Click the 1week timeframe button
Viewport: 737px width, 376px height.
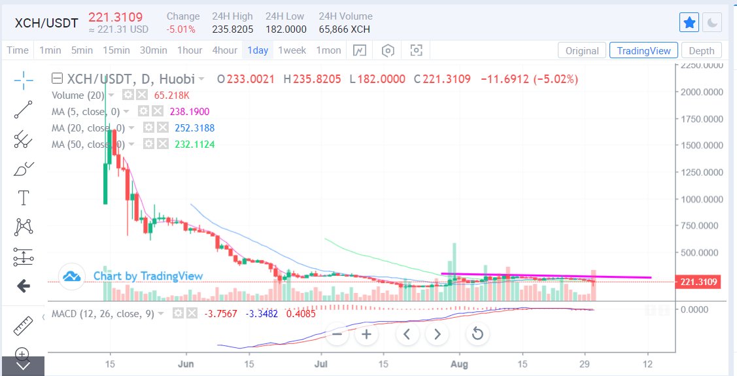click(292, 50)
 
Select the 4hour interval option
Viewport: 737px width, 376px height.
click(224, 50)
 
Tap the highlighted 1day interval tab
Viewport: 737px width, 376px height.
click(258, 50)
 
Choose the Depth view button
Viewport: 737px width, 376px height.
click(702, 51)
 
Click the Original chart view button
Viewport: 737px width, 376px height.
click(581, 51)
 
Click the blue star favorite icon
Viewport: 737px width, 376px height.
click(689, 23)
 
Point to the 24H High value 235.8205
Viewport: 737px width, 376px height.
click(231, 29)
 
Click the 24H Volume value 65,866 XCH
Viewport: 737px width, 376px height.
click(345, 29)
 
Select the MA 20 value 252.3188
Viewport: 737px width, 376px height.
click(194, 128)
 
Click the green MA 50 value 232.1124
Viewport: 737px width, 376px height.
click(194, 145)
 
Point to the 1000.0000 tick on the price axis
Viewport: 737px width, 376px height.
click(700, 199)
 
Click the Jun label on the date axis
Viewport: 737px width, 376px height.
click(187, 363)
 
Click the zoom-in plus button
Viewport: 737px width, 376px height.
click(367, 334)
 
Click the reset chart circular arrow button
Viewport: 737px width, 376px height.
click(477, 334)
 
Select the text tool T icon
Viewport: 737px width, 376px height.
click(24, 197)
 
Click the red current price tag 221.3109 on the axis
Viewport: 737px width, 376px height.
click(700, 282)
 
